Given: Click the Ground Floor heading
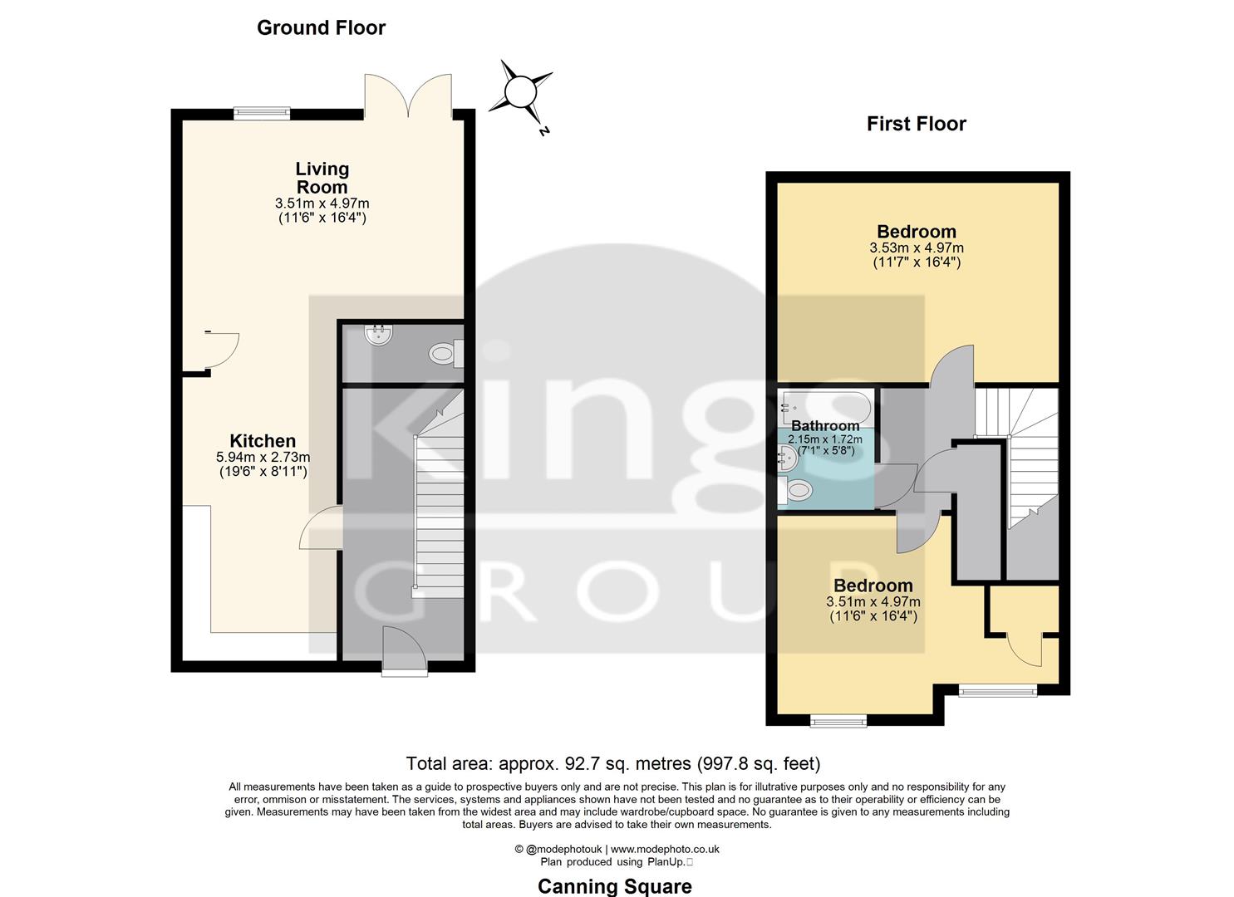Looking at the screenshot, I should tap(321, 27).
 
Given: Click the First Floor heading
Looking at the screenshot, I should tap(916, 124).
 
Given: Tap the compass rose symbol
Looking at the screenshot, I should tap(521, 91).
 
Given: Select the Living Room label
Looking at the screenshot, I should tap(322, 178).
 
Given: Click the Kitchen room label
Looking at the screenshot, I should tap(263, 441).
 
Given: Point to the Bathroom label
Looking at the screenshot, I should tap(825, 426).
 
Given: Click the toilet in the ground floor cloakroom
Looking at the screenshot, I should tap(444, 355).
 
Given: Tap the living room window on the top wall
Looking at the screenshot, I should tap(262, 114).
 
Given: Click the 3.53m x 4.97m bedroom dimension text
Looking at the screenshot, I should tap(917, 248).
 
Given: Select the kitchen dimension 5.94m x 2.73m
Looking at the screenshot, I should tap(263, 457).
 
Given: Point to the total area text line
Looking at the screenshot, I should tap(612, 762).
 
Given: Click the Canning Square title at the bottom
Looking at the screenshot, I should tap(614, 886).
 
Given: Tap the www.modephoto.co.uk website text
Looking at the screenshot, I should tap(665, 849).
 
